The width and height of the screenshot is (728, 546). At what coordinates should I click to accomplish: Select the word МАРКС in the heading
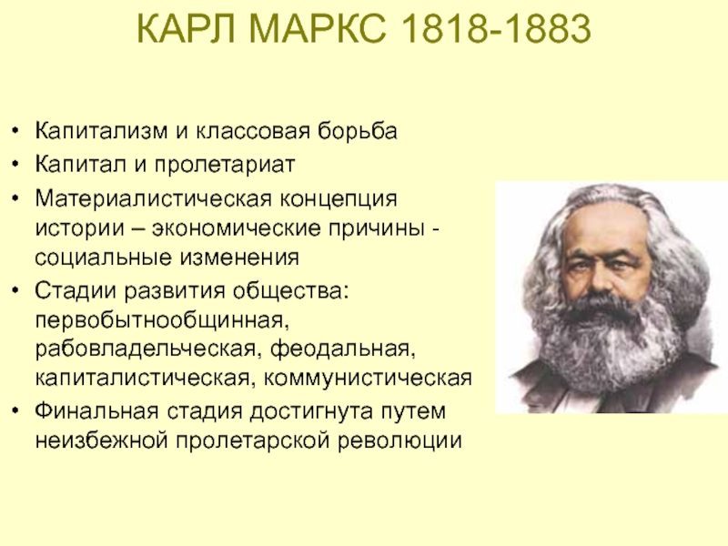coord(318,28)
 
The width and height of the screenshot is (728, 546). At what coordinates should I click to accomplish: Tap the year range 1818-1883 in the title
coord(494,28)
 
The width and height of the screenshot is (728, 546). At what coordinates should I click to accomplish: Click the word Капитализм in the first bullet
coord(101,131)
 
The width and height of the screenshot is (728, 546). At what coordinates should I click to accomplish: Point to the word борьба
coord(358,130)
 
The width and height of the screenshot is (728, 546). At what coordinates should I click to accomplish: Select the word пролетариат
coord(225,165)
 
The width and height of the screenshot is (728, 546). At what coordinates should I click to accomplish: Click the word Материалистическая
coord(153,198)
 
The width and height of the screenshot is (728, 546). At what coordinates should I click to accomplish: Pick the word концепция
coord(339,199)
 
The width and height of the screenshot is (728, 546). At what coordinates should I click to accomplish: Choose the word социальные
coord(103,258)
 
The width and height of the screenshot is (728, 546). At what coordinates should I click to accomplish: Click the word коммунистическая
coord(368,379)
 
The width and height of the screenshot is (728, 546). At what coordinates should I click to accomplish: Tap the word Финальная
coord(97,411)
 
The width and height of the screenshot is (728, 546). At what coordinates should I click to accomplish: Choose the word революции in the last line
coord(399,440)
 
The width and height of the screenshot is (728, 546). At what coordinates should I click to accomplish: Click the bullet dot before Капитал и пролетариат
coord(16,164)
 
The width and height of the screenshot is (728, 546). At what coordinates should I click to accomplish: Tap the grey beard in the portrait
coord(608,344)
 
